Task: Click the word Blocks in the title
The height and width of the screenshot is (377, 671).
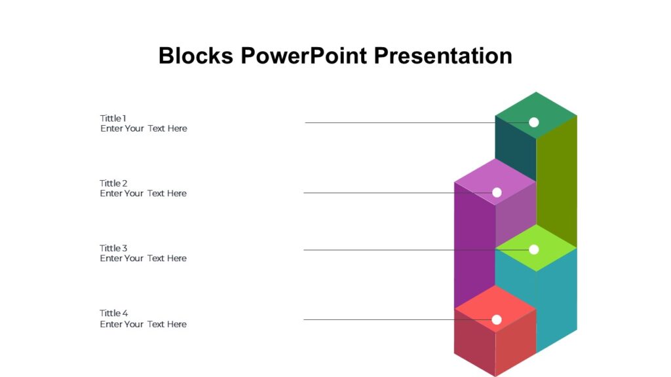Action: coord(195,56)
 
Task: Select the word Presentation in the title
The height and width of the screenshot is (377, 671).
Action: coord(443,56)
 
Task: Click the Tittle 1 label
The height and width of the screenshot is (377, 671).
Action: coord(113,118)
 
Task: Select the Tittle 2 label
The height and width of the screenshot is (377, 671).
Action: coord(113,183)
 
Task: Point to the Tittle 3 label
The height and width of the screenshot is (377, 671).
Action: coord(113,248)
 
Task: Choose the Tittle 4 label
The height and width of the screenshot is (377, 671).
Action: coord(114,313)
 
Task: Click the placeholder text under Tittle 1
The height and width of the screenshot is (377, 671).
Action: coord(144,129)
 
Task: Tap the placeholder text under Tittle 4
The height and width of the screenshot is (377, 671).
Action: coord(143,324)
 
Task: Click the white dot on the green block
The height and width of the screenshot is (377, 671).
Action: coord(533,122)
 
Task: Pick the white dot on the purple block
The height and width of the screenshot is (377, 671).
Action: coord(497,192)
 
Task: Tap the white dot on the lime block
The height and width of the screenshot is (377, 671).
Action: coord(533,249)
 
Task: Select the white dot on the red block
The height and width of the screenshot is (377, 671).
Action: coord(496,319)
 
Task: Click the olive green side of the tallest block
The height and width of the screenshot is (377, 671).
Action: coord(557,177)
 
